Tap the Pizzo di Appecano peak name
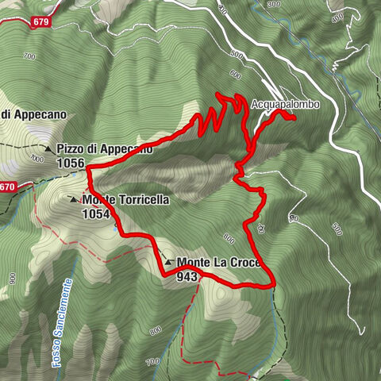pyautogui.click(x=104, y=148)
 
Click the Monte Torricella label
pyautogui.click(x=125, y=201)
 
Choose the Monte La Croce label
pyautogui.click(x=219, y=263)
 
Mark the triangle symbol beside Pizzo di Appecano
pyautogui.click(x=48, y=148)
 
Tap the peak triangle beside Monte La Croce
pyautogui.click(x=169, y=263)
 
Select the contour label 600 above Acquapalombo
pyautogui.click(x=235, y=74)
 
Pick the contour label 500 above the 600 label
pyautogui.click(x=236, y=54)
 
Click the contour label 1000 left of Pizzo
pyautogui.click(x=36, y=158)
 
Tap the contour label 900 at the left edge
pyautogui.click(x=13, y=279)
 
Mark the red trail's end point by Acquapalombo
pyautogui.click(x=294, y=119)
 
